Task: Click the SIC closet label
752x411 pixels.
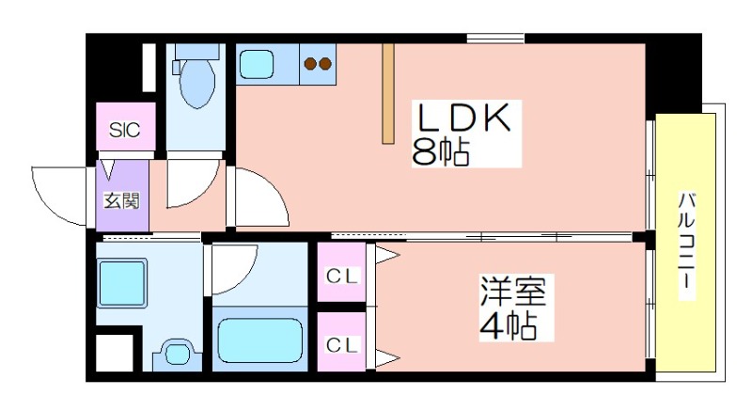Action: [124, 130]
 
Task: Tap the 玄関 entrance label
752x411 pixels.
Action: [121, 199]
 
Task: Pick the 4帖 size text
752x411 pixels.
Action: [508, 327]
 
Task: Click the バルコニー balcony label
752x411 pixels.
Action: [686, 245]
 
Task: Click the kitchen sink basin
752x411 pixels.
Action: [257, 65]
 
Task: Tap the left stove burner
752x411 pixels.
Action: [309, 65]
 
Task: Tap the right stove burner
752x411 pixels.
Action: [325, 65]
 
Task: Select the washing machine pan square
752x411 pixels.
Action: [123, 280]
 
